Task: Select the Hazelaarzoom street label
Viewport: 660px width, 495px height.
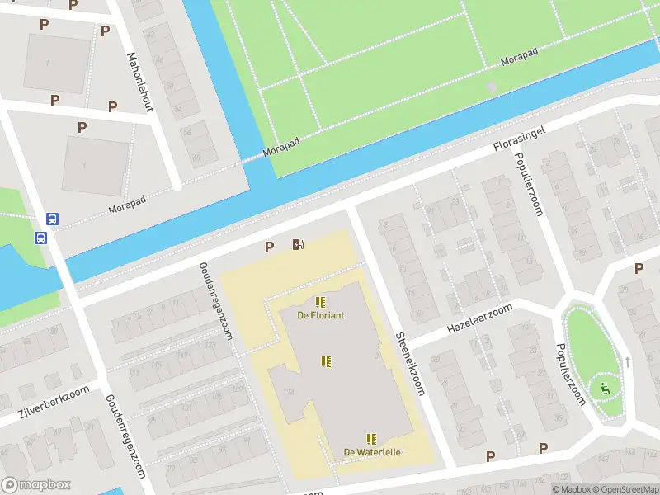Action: (x=479, y=318)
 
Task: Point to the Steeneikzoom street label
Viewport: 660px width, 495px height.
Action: (x=409, y=364)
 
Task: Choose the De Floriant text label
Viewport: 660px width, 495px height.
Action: (x=321, y=315)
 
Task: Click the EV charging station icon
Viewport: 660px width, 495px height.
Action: (x=298, y=244)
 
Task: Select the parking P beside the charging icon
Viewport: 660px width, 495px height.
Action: (x=269, y=247)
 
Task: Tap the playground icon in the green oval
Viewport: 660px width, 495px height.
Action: (x=606, y=389)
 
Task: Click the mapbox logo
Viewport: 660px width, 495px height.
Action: (x=35, y=485)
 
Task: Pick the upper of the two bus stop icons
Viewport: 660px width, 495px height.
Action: (x=52, y=219)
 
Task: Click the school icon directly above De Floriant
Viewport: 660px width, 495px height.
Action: (x=319, y=301)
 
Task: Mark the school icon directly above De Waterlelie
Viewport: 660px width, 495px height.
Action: (x=371, y=439)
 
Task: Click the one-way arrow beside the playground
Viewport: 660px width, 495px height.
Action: (x=627, y=361)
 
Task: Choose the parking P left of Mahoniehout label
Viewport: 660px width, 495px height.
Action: (x=105, y=31)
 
